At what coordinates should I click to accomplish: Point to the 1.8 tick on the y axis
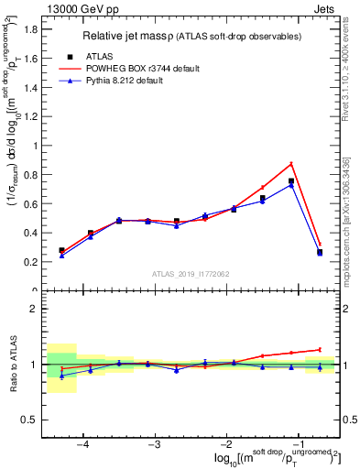coord(31,28)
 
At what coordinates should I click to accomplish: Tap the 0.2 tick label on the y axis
coord(31,261)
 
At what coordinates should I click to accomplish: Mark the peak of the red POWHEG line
coord(291,164)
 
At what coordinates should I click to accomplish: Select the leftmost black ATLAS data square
coord(61,250)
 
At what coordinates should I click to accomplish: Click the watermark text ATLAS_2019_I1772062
coord(191,274)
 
